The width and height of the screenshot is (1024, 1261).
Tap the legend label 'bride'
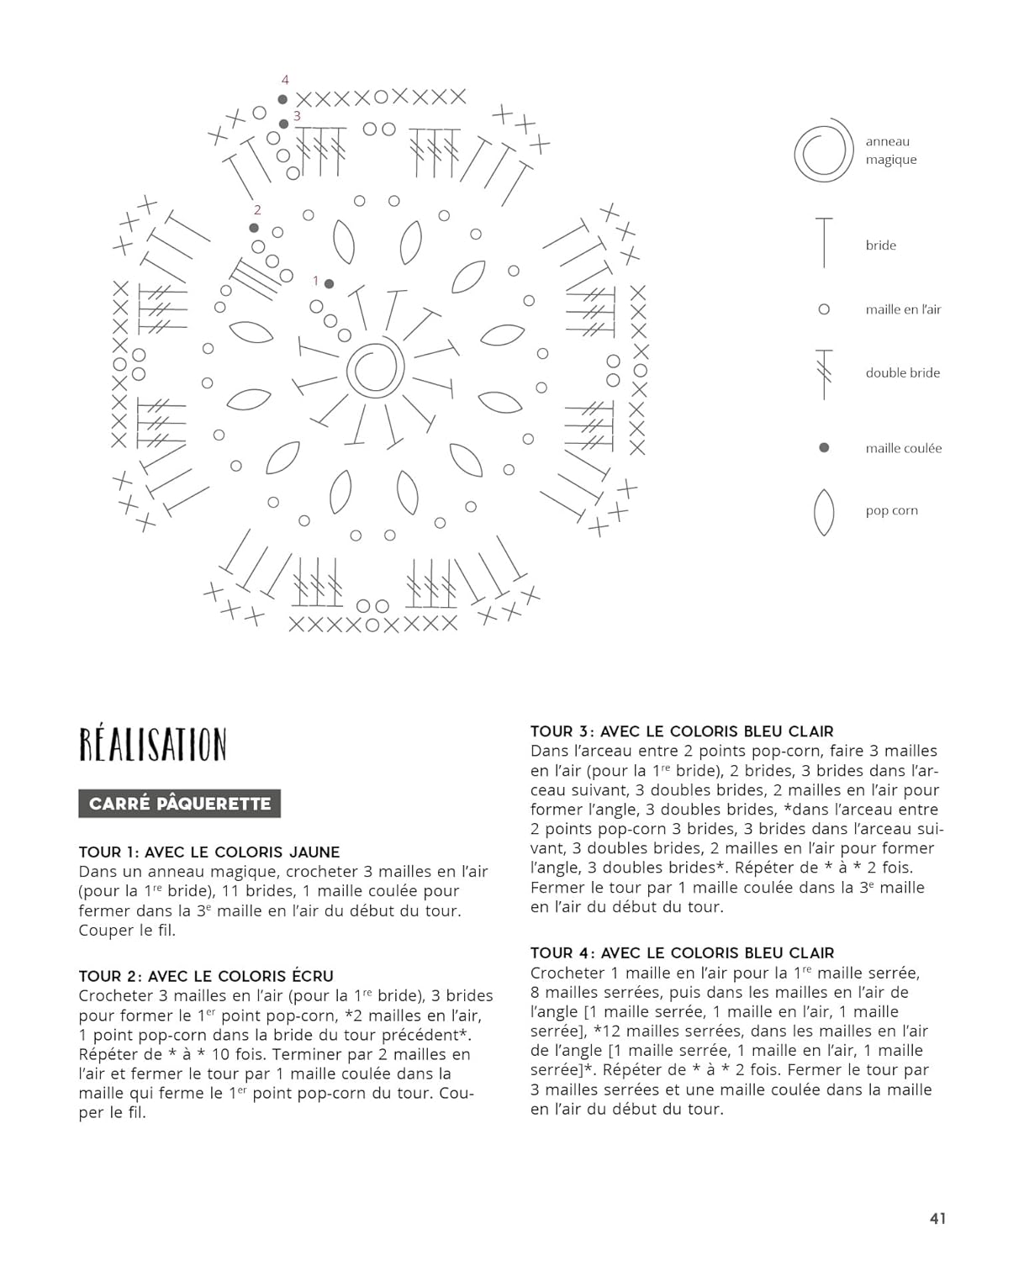click(x=880, y=245)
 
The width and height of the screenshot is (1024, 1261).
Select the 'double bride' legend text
click(x=902, y=372)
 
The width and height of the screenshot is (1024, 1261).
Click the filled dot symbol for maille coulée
click(x=824, y=447)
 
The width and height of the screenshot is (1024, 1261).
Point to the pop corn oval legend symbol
click(x=824, y=511)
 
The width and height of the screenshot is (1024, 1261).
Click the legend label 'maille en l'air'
click(x=903, y=309)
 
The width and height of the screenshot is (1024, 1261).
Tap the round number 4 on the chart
click(x=285, y=80)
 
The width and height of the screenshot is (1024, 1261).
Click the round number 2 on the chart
click(x=257, y=210)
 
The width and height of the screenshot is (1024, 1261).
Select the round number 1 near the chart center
click(x=315, y=281)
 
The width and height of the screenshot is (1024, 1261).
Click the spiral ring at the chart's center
click(x=375, y=368)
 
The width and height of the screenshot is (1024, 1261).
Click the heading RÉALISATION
click(x=152, y=745)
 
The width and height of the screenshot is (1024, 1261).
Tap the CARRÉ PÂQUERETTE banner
click(x=179, y=804)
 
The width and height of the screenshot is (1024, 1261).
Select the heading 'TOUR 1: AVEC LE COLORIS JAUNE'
click(x=208, y=852)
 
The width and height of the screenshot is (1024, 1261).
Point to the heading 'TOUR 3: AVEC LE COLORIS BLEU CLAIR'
click(x=682, y=731)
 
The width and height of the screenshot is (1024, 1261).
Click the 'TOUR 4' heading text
click(x=562, y=952)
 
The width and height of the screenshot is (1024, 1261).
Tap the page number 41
click(x=937, y=1218)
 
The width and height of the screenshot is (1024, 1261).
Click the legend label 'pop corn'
click(x=891, y=510)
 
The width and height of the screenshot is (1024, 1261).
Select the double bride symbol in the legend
click(x=824, y=373)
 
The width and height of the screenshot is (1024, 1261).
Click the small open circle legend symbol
click(x=824, y=309)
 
